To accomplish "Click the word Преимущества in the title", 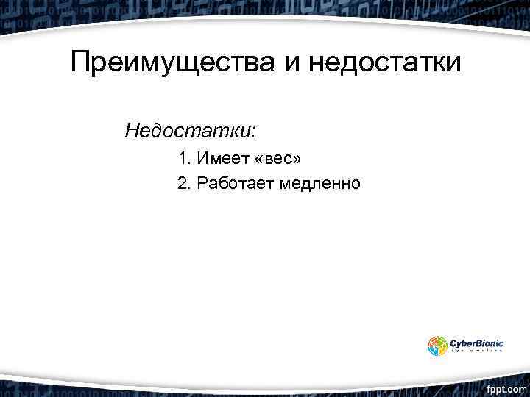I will pyautogui.click(x=172, y=62).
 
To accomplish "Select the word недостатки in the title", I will pyautogui.click(x=385, y=62).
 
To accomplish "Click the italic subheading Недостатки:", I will pyautogui.click(x=191, y=132).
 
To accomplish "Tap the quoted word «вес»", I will pyautogui.click(x=277, y=159).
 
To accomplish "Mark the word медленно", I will pyautogui.click(x=320, y=183).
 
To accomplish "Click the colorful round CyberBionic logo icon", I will pyautogui.click(x=438, y=346).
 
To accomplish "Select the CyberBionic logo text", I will pyautogui.click(x=476, y=342).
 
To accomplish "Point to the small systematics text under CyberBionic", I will pyautogui.click(x=476, y=351).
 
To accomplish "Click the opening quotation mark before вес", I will pyautogui.click(x=258, y=160).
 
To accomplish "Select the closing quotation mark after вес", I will pyautogui.click(x=297, y=160).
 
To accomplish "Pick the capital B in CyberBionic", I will pyautogui.click(x=479, y=342).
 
